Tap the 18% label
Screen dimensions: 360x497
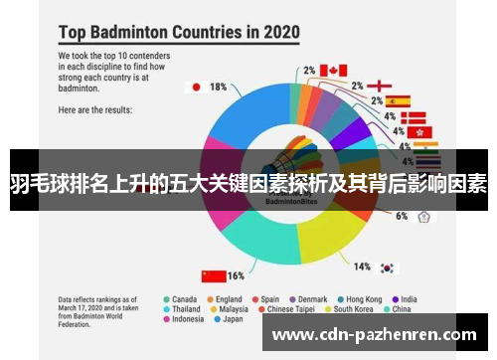pos(218,87)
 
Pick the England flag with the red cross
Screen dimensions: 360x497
pos(386,86)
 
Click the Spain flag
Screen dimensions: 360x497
pos(399,100)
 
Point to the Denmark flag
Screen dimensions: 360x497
pos(412,116)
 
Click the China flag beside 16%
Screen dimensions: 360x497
pos(213,275)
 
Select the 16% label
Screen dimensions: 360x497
pos(237,275)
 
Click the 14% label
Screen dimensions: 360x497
pos(363,267)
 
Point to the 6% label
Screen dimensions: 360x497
pos(402,216)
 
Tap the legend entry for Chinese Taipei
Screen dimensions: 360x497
pos(293,308)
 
